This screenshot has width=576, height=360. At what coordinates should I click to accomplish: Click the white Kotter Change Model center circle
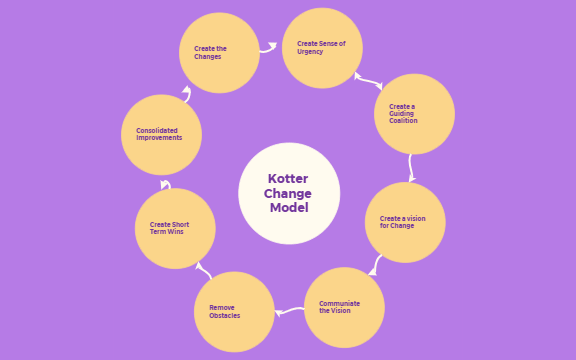289,193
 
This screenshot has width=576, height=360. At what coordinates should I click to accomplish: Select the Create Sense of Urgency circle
322,48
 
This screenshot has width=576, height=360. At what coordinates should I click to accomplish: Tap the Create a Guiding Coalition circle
414,114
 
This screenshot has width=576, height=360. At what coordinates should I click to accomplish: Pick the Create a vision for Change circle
405,222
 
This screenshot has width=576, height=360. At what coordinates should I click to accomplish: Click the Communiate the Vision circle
343,307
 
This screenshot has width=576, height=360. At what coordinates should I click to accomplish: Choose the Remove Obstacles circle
234,311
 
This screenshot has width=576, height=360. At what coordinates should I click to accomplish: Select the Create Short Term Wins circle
175,228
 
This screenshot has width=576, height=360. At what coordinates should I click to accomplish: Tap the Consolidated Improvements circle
161,134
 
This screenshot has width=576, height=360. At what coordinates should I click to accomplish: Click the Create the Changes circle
219,53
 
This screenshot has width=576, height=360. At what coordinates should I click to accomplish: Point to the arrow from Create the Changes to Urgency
268,46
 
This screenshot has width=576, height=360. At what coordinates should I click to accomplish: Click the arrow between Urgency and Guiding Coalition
367,79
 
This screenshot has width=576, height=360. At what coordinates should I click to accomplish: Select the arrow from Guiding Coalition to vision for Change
411,167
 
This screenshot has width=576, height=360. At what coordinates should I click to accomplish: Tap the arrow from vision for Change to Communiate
375,265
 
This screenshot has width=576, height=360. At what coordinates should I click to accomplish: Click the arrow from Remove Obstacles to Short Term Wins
202,268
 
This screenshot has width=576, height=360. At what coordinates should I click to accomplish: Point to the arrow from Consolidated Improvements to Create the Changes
186,94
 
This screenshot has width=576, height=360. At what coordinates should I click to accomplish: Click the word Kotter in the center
289,178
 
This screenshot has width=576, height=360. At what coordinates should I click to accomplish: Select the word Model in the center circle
289,208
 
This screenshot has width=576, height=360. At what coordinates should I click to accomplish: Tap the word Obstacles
225,316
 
